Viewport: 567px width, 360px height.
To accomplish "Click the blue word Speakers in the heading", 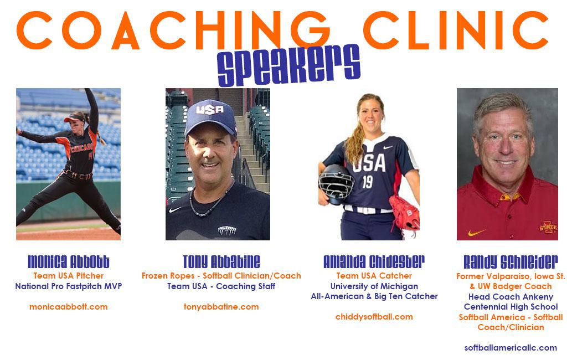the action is click(288, 65).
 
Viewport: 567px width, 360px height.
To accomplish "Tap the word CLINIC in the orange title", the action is click(456, 30).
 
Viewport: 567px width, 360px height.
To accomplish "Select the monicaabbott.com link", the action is click(68, 307).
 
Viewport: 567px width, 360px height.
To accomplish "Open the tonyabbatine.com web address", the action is click(221, 307).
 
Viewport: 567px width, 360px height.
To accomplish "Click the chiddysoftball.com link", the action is click(374, 317).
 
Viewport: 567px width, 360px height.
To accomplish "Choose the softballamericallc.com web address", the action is click(511, 348).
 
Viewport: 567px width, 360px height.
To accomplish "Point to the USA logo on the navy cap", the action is click(210, 109).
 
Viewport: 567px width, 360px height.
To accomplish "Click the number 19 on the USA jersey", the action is click(368, 182).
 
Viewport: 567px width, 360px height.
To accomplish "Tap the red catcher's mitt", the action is click(405, 213).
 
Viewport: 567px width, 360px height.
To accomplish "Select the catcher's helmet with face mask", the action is click(336, 184).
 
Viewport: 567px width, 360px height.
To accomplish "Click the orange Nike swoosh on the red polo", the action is click(477, 232).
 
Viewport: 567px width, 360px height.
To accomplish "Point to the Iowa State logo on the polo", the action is click(548, 227).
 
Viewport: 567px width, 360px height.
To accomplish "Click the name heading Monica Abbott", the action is click(68, 261).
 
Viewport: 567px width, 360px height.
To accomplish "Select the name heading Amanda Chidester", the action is click(374, 261).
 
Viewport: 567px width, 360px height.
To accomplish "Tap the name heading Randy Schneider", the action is click(511, 261).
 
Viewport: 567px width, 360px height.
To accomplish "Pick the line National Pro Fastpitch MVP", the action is click(68, 286).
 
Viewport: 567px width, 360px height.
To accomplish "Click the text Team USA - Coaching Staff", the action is click(221, 286).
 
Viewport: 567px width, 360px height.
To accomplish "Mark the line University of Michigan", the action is click(374, 286).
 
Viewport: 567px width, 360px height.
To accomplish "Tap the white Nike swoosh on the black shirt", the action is click(174, 209).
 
